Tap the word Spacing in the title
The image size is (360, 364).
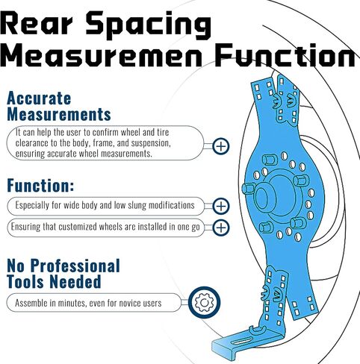pos(149,25)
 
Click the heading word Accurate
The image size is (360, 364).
pos(39,98)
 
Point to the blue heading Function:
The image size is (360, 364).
pos(40,186)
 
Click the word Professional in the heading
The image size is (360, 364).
pos(75,266)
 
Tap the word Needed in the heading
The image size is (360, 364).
pos(75,282)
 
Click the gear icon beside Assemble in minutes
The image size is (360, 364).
pos(204,303)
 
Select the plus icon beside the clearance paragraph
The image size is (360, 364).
pos(221,146)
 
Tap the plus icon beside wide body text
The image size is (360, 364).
pos(221,206)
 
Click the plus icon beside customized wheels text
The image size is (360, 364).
pos(221,228)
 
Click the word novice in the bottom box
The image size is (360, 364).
pos(130,303)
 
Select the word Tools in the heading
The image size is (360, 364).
pos(25,282)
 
